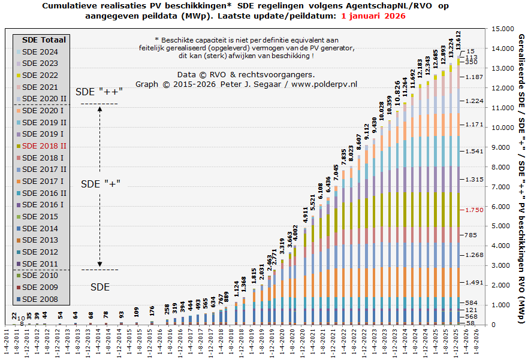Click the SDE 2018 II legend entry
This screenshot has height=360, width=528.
pos(44,146)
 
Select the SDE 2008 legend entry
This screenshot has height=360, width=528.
pos(40,299)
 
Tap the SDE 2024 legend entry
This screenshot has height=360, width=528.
pos(40,52)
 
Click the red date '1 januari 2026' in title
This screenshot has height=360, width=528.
pos(373,16)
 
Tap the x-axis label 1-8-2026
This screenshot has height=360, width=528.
pos(473,343)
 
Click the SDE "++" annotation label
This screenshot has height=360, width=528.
pos(99,92)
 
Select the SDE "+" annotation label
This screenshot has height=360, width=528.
pos(101,183)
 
